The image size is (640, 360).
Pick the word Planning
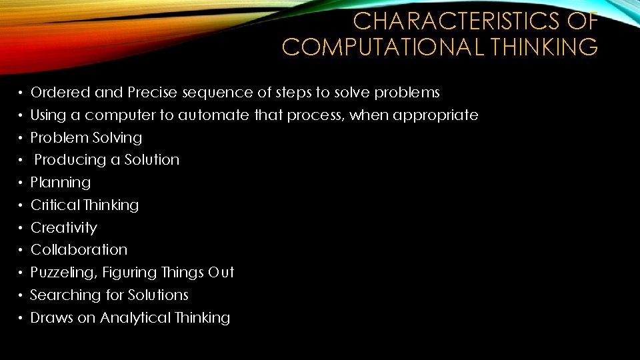click(61, 183)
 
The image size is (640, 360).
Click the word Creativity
click(64, 228)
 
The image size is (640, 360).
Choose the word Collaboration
click(79, 250)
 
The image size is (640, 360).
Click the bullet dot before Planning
click(22, 183)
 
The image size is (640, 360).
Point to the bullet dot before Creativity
click(22, 228)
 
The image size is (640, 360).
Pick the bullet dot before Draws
click(22, 318)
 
